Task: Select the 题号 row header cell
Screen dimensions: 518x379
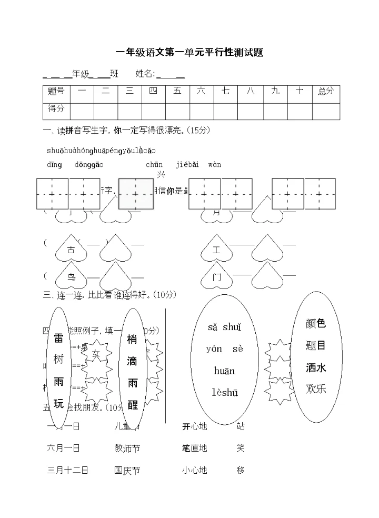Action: tap(56, 92)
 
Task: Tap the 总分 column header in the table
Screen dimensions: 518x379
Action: tap(326, 92)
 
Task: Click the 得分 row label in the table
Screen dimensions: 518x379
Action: tap(56, 109)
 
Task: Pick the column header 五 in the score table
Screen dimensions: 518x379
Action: tap(177, 92)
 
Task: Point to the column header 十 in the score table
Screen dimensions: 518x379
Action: tap(300, 92)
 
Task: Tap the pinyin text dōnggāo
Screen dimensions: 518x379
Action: tap(88, 165)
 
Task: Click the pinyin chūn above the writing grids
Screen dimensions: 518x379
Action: tap(154, 165)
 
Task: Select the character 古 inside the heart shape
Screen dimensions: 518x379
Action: tap(71, 251)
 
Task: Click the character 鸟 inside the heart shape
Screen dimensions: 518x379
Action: tap(72, 277)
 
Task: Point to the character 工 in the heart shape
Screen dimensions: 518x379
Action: tap(216, 251)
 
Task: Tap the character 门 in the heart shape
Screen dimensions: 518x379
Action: tap(217, 277)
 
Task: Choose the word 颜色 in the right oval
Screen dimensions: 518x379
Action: tap(316, 323)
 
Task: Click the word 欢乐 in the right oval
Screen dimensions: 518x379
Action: tap(316, 389)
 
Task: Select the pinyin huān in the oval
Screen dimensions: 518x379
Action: tap(224, 371)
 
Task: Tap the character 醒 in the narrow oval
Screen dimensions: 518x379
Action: tap(133, 404)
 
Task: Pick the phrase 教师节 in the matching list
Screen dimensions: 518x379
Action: tap(127, 449)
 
